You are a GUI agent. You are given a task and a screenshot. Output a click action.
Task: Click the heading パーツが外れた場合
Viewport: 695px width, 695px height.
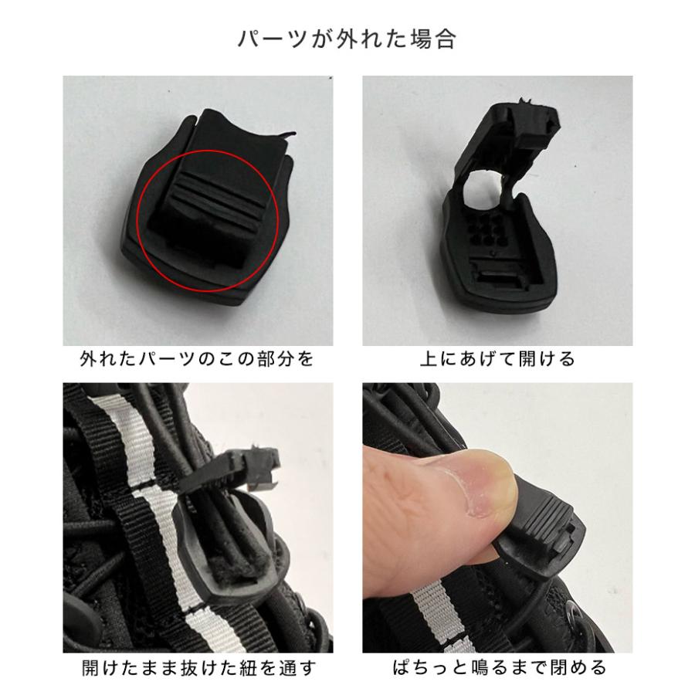pos(347,39)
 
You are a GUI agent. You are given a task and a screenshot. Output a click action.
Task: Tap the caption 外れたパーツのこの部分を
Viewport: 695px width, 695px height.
pos(197,360)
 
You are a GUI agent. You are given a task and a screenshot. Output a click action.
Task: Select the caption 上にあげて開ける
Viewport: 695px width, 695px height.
pos(497,360)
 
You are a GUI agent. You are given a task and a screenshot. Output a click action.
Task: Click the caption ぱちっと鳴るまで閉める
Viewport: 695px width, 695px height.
pos(497,668)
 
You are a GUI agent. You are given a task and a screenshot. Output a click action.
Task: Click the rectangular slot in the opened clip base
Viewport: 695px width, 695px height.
pos(502,275)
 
